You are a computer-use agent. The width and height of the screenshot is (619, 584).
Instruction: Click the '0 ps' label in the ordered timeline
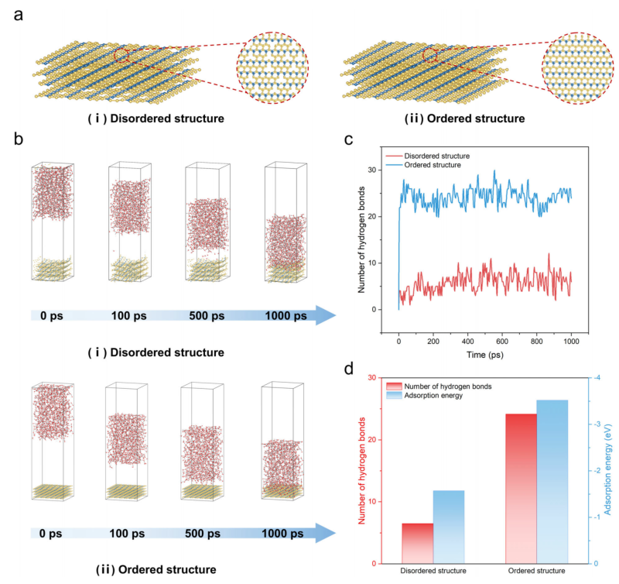click(x=56, y=534)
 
